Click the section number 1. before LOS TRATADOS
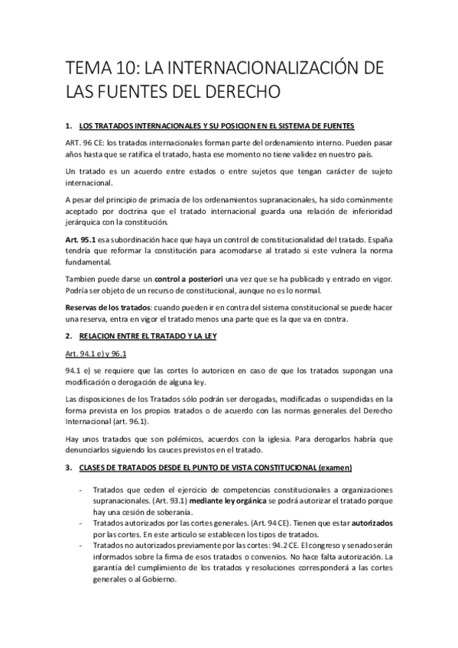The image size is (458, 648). click(x=70, y=125)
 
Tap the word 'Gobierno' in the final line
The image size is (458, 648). click(x=158, y=579)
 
